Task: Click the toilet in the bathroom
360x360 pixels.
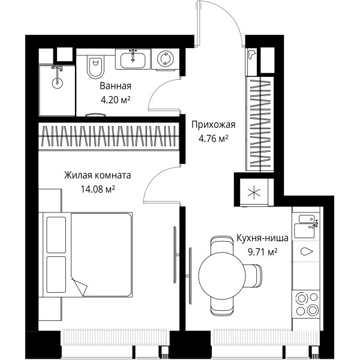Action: [95, 66]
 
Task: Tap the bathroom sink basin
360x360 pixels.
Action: [133, 61]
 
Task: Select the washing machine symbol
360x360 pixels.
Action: [166, 59]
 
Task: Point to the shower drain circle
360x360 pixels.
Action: [57, 83]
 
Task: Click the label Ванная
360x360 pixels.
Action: [115, 86]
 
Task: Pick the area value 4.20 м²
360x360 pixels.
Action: [115, 100]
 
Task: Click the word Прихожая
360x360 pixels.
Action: [213, 125]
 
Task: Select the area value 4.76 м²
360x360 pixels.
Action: [213, 139]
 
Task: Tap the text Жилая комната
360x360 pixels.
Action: [98, 175]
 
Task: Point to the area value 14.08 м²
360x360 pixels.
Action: [98, 189]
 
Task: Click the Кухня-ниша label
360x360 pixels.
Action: [262, 238]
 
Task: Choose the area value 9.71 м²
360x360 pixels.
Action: [262, 252]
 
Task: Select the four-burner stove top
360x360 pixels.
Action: [306, 304]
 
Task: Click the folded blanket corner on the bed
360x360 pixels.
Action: [79, 286]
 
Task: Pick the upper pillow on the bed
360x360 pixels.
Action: [56, 235]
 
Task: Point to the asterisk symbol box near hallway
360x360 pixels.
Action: [254, 193]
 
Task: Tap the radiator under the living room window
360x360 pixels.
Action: [115, 337]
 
